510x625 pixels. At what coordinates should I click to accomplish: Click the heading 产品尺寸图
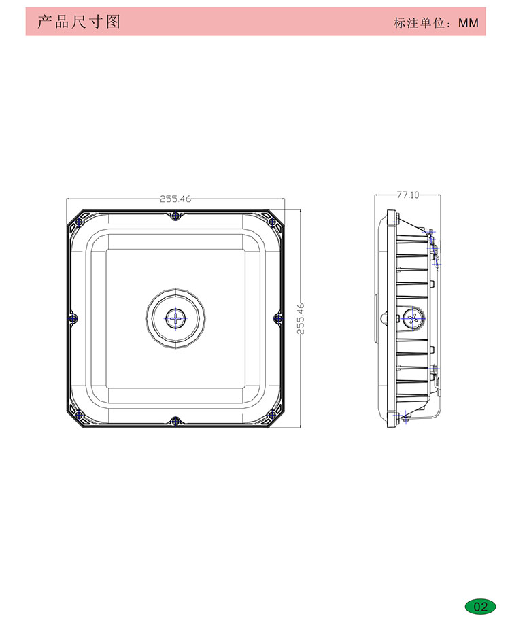point(78,22)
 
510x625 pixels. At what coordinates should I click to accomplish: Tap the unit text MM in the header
point(468,23)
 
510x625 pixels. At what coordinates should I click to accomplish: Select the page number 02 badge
point(481,607)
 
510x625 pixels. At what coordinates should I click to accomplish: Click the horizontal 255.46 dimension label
point(175,199)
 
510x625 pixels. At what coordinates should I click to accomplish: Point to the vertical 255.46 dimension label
point(301,318)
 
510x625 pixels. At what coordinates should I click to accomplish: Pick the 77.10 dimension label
point(408,195)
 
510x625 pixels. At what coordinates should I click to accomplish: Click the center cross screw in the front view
point(175,318)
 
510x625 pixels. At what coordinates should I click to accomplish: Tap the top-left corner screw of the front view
point(80,222)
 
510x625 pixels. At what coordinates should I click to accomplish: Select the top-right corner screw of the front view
point(272,222)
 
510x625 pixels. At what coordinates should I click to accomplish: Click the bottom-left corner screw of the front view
point(80,415)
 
